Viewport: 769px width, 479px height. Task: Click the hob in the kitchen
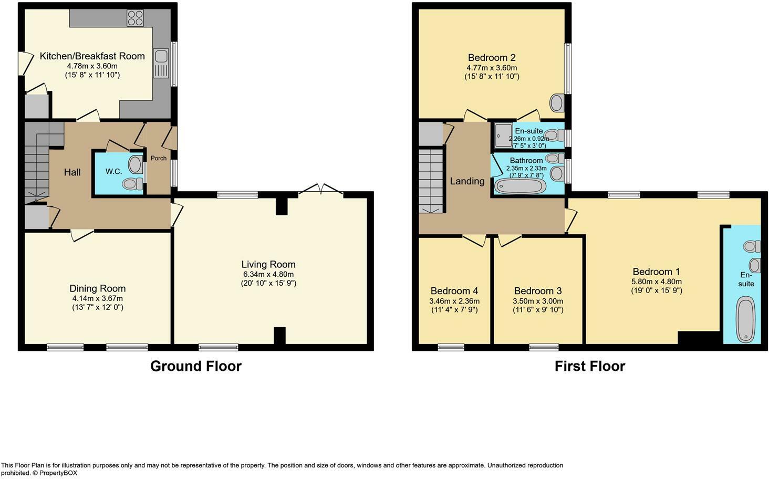(x=135, y=18)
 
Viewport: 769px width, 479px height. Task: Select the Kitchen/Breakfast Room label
(x=92, y=56)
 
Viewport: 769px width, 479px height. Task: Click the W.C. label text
(x=113, y=171)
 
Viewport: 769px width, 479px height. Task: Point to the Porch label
(x=159, y=158)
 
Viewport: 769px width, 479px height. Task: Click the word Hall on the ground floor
(x=72, y=172)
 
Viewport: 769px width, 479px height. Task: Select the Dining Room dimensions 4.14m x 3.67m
(x=98, y=298)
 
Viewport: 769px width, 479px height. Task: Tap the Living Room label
(x=268, y=265)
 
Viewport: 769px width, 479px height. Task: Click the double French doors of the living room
(x=321, y=190)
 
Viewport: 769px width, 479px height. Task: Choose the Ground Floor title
(x=196, y=366)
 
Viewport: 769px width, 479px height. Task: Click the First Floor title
(x=590, y=366)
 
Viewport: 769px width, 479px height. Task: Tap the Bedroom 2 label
(x=492, y=58)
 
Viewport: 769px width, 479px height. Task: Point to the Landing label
(x=467, y=181)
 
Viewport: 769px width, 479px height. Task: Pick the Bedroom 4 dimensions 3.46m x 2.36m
(x=454, y=301)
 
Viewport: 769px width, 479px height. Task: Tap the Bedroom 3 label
(x=538, y=291)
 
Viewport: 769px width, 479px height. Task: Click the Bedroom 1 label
(x=656, y=272)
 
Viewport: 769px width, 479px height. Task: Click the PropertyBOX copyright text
(x=55, y=473)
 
